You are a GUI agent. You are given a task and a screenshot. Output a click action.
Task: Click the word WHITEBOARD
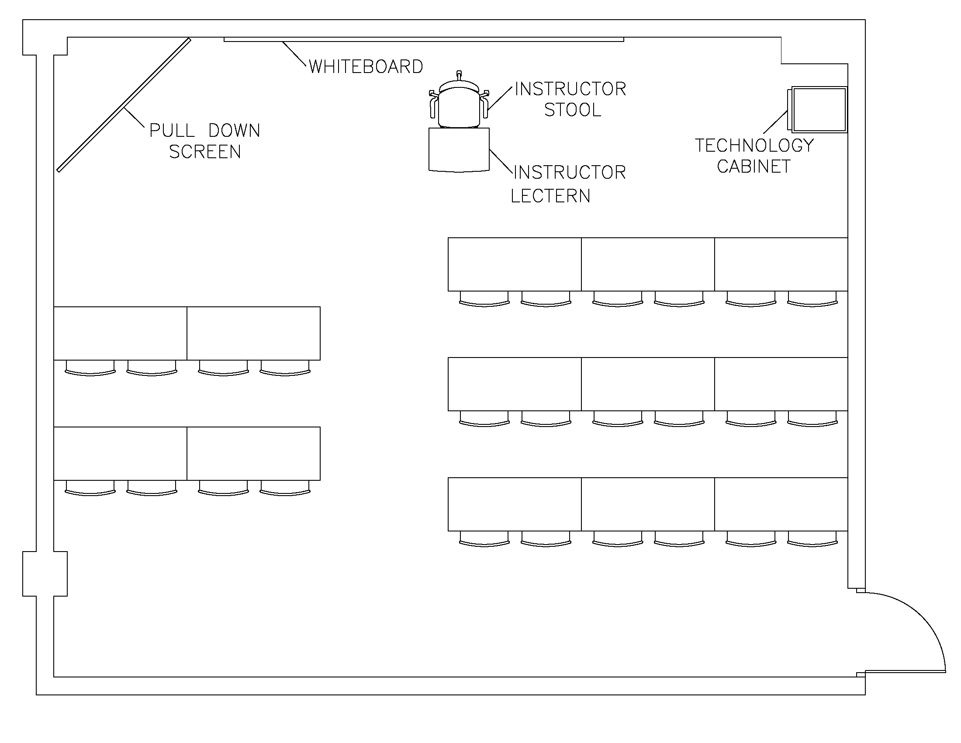tap(366, 67)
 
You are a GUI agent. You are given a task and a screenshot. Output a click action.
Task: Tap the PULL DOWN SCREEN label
tap(205, 141)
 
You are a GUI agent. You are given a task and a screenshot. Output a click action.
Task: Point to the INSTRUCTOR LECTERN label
tap(568, 184)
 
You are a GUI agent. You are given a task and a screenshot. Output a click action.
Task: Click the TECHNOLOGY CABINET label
tap(754, 156)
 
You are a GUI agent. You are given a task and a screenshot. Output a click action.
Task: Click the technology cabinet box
tap(819, 110)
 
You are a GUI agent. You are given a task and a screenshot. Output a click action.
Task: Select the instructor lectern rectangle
tap(459, 149)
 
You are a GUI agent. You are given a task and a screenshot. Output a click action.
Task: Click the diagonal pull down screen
tap(124, 105)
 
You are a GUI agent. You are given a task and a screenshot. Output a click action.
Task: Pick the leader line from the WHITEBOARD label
tap(294, 54)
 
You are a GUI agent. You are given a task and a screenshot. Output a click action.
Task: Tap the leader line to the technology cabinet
tap(775, 122)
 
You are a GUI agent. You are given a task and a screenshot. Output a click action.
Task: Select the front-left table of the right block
tap(515, 264)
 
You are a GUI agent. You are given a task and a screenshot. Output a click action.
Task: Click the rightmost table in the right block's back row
tap(781, 504)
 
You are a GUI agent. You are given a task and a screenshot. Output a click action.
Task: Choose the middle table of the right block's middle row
tap(648, 384)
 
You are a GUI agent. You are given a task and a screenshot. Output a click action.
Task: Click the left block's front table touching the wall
tap(120, 333)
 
